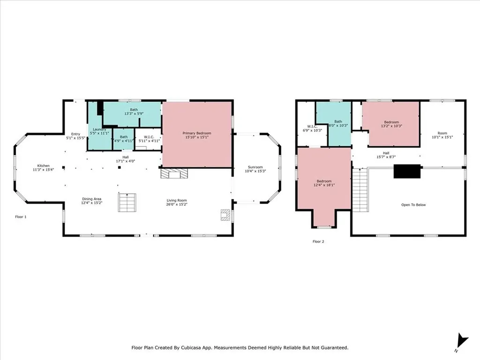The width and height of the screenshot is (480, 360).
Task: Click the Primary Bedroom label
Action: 197,133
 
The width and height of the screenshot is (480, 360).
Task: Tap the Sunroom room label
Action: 255,167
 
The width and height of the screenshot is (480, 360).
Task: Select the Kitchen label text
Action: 44,165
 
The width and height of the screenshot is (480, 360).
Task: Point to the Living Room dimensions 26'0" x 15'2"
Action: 177,204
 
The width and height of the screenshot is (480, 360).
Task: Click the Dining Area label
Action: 91,199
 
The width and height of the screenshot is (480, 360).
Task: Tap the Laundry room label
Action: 99,129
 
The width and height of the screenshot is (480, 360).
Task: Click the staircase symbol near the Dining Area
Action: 127,202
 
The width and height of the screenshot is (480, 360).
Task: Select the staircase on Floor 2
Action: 360,190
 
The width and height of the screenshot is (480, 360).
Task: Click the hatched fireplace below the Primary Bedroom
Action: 174,173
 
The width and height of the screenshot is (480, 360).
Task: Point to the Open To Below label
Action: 413,205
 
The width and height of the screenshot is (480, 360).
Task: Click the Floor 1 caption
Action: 21,217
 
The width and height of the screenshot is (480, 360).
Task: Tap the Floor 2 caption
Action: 318,241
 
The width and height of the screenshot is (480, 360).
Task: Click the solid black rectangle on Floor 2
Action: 407,171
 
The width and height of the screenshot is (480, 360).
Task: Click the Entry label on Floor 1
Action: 75,134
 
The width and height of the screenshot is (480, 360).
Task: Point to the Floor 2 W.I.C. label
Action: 312,127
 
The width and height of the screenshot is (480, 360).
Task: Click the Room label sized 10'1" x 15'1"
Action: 442,133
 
